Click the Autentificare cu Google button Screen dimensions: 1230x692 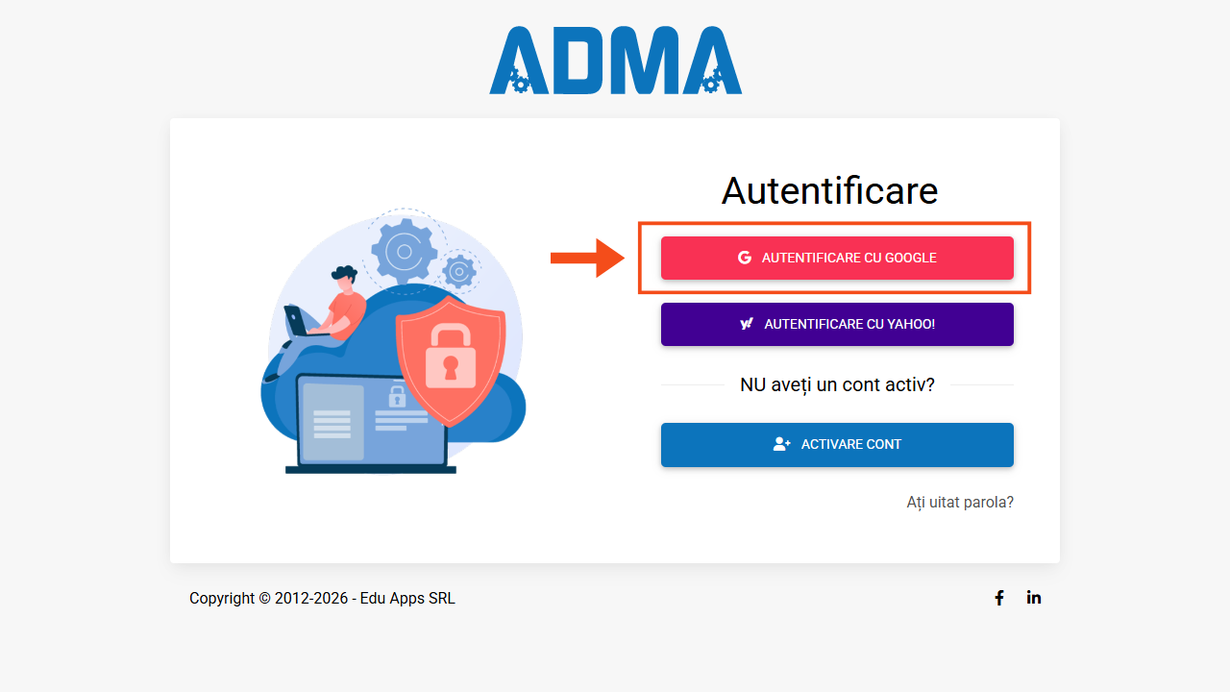click(x=837, y=259)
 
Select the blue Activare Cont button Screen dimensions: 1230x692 click(x=837, y=445)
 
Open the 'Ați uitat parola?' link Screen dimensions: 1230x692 click(x=960, y=502)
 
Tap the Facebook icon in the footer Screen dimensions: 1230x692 click(x=999, y=598)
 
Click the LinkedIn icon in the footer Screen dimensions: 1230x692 click(x=1033, y=598)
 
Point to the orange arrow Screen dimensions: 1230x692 click(x=587, y=258)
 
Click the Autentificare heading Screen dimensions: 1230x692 click(x=829, y=191)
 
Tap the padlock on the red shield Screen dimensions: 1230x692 click(x=451, y=357)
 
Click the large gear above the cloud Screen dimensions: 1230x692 click(x=405, y=252)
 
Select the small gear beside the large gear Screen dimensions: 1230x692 click(x=459, y=271)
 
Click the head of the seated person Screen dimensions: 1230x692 click(x=345, y=279)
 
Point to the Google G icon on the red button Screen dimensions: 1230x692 click(x=745, y=258)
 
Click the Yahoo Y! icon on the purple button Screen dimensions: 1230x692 click(x=747, y=324)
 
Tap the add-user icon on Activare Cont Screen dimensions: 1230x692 click(x=782, y=444)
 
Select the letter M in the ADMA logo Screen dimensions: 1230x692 click(x=647, y=61)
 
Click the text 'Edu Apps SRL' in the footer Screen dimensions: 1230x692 click(x=407, y=598)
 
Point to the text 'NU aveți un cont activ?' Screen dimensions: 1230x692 click(x=837, y=385)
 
